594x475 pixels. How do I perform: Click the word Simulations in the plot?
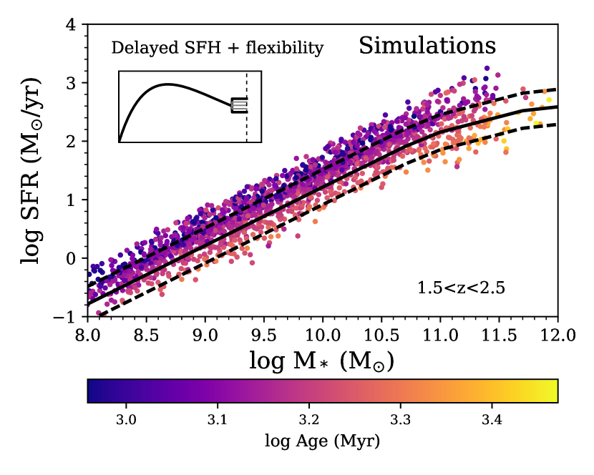tap(427, 46)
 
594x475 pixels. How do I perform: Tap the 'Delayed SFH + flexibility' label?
tap(218, 49)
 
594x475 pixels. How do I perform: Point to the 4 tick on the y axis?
tap(72, 25)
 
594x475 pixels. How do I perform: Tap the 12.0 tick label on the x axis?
tap(558, 333)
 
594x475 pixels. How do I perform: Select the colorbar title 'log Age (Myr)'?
tap(323, 441)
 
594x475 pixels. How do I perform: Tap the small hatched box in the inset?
tap(239, 105)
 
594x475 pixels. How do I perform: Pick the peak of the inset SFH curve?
tap(167, 84)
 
